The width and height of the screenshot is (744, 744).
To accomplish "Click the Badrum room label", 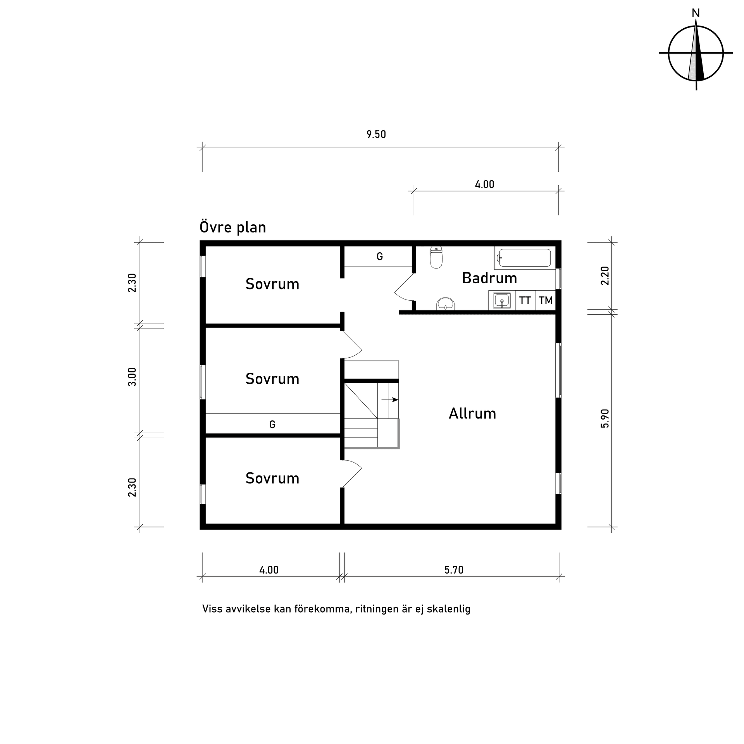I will tap(489, 278).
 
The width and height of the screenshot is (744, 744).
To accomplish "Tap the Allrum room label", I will tap(472, 414).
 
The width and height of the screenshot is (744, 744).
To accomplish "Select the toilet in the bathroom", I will tap(436, 258).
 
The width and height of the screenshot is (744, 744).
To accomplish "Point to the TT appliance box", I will tap(525, 301).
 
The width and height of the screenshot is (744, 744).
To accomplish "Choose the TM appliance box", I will tap(546, 301).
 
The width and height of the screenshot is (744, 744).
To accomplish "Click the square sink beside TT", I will tap(502, 301).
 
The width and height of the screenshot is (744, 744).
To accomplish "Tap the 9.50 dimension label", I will tap(376, 135).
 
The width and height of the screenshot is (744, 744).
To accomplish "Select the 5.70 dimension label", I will tap(454, 570).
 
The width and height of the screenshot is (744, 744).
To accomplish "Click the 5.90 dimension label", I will tap(605, 418).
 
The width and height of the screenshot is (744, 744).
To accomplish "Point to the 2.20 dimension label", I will tap(605, 276).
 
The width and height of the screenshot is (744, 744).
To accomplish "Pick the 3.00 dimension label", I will tap(133, 377).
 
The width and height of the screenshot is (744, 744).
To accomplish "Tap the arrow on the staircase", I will tap(390, 400).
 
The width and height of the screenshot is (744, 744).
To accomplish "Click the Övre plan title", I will tap(232, 227).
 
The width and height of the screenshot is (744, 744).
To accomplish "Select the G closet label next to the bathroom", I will tap(380, 257).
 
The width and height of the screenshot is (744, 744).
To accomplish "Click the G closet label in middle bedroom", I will tap(272, 425).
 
